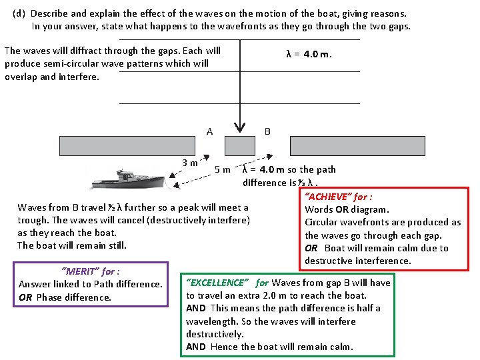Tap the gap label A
click(x=210, y=131)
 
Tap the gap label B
click(x=267, y=131)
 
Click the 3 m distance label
click(x=190, y=162)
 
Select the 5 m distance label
click(x=223, y=169)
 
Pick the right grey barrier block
click(x=357, y=145)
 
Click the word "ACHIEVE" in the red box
click(x=328, y=197)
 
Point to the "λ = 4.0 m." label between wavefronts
click(x=309, y=54)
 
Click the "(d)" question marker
click(x=19, y=13)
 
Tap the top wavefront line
click(x=239, y=39)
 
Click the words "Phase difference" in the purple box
click(x=74, y=297)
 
